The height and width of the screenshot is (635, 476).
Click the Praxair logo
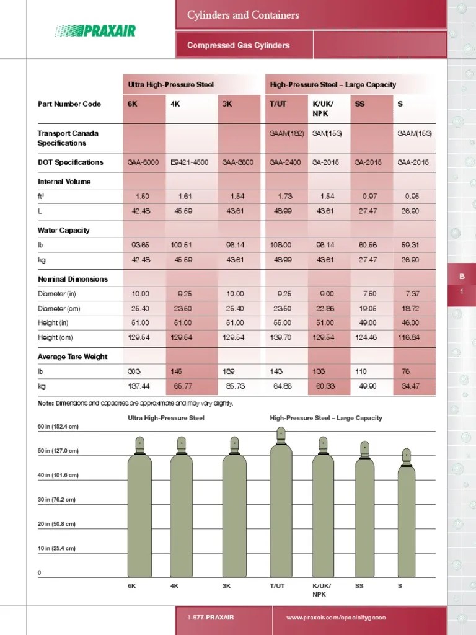click(95, 30)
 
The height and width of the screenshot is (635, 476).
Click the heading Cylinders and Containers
click(243, 15)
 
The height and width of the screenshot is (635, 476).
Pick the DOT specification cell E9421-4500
click(190, 162)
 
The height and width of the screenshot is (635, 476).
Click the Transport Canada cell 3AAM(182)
click(285, 133)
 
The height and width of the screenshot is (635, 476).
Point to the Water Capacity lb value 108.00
click(285, 245)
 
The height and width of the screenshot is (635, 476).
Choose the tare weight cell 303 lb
click(134, 371)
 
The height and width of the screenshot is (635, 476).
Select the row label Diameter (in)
click(56, 294)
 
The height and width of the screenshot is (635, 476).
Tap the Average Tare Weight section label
click(72, 357)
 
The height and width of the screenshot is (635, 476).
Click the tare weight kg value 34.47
click(410, 386)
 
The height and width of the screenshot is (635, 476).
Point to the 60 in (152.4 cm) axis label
click(58, 427)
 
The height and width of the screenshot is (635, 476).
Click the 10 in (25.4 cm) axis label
click(56, 548)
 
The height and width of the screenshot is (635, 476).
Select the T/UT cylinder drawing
click(281, 505)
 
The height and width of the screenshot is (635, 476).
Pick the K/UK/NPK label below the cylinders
click(322, 590)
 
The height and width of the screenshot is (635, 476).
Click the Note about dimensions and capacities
click(135, 404)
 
